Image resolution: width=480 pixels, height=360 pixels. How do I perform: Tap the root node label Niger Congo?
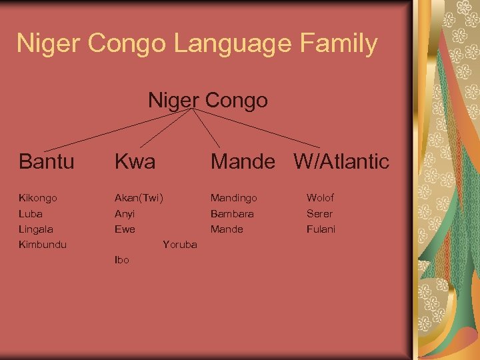pos(207,101)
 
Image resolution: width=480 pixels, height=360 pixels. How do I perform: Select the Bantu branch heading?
pos(47,161)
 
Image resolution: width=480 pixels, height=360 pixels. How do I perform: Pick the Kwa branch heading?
pos(135,161)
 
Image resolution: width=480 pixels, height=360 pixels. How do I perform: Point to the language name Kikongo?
pos(38,198)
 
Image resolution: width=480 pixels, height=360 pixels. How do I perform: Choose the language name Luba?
pos(31,214)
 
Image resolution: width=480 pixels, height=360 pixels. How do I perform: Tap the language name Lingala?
pos(36,229)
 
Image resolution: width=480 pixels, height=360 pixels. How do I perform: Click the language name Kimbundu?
pos(43,245)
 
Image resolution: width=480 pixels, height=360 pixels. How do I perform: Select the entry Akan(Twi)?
pos(139,198)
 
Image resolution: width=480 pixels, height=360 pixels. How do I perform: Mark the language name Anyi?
pos(125,214)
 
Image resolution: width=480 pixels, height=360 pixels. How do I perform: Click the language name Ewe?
pos(125,229)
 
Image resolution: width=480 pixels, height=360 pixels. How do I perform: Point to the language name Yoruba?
pos(180,245)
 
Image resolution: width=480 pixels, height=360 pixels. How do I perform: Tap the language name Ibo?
pos(122,260)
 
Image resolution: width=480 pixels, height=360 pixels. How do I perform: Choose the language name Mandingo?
pos(234,198)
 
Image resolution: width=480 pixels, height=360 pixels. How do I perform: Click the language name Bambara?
pos(232,214)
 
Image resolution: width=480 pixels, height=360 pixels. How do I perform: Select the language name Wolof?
pos(321,198)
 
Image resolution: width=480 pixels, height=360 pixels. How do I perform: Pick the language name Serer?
pos(319,214)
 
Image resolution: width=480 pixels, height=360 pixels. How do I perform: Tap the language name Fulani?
pos(321,229)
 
